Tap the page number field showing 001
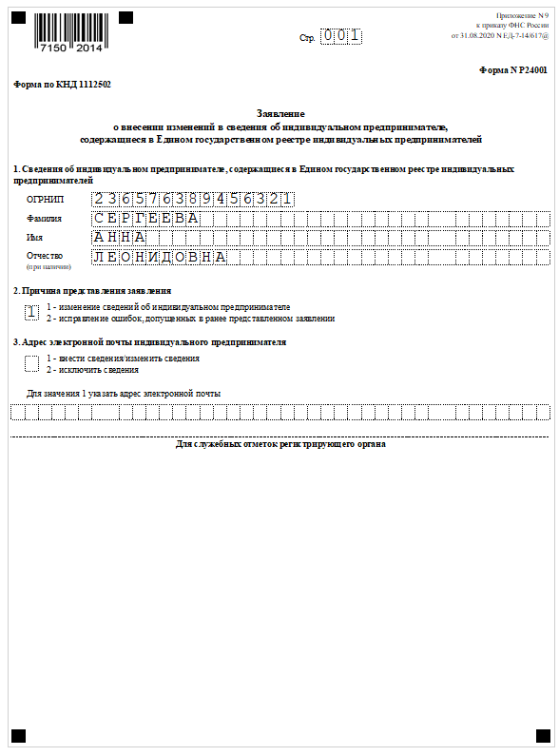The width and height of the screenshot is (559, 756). [x=340, y=37]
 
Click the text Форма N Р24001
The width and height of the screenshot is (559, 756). [x=514, y=70]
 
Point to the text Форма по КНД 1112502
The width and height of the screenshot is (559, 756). [x=62, y=85]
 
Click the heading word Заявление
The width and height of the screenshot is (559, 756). [x=279, y=112]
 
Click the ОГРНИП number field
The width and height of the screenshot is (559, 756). [x=193, y=199]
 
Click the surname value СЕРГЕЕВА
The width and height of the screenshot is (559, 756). [x=146, y=219]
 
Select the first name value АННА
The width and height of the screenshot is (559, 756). [x=120, y=237]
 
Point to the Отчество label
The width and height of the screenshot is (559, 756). [x=47, y=256]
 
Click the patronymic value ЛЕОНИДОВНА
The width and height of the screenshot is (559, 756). [x=160, y=257]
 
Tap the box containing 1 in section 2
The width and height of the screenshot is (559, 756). [x=32, y=312]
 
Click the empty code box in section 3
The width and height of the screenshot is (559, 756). [x=32, y=363]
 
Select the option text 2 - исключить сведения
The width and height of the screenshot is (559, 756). [x=93, y=369]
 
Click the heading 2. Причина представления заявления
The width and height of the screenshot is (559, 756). [x=92, y=290]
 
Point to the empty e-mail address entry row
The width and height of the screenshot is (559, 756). [x=279, y=412]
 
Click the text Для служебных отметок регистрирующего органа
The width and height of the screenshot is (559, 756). [x=280, y=444]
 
